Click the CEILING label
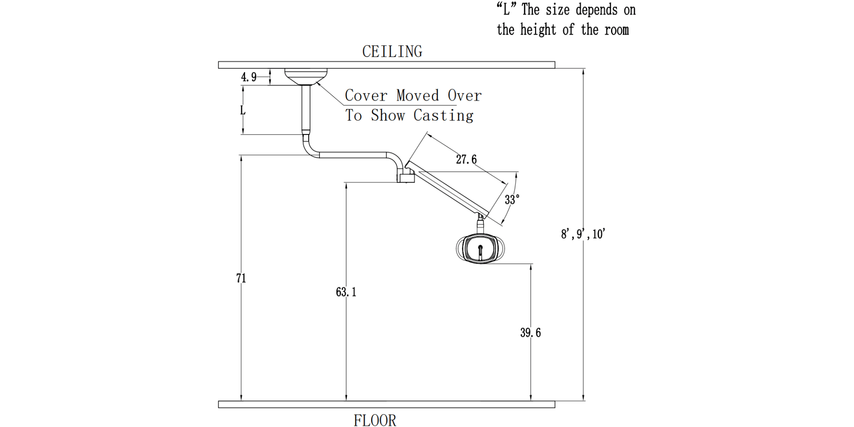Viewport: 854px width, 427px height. [x=392, y=52]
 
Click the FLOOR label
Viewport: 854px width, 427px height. [x=374, y=421]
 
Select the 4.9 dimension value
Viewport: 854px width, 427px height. [x=249, y=77]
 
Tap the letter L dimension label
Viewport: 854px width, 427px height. [x=243, y=111]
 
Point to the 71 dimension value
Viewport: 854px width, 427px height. [x=241, y=278]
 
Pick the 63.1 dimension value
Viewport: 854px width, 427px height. [x=346, y=292]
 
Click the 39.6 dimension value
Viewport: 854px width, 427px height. [x=530, y=333]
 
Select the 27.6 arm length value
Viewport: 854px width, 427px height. [x=466, y=160]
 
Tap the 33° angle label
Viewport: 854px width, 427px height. [x=512, y=199]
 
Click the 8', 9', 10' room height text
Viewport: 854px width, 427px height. [x=583, y=234]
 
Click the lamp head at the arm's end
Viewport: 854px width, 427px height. [x=480, y=249]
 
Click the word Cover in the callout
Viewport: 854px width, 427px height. [x=366, y=95]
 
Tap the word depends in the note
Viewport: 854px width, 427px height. [x=597, y=10]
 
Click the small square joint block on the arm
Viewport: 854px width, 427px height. [x=405, y=176]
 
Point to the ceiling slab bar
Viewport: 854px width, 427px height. [x=386, y=65]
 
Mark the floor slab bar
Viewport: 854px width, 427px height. [x=386, y=404]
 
